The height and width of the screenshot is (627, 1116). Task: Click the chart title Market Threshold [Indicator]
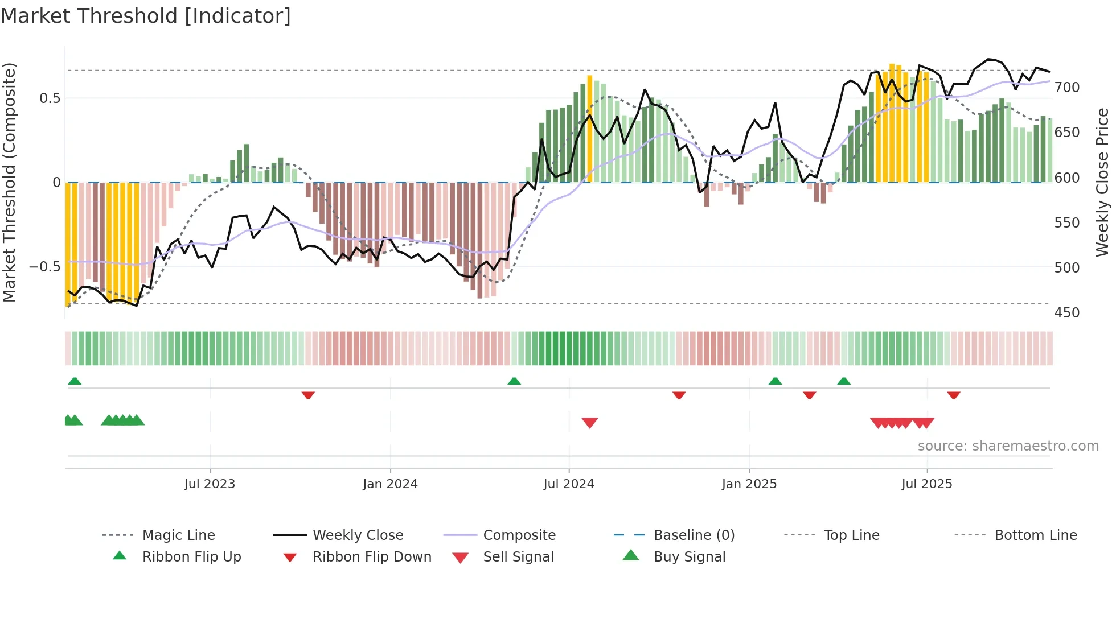click(146, 16)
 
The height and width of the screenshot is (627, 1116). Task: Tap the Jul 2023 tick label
click(210, 484)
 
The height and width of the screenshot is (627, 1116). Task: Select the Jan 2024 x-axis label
click(390, 484)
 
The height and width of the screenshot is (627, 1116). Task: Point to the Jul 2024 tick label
click(568, 484)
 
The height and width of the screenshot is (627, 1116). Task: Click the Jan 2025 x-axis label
click(749, 484)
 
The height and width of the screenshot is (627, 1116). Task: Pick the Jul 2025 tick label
click(926, 484)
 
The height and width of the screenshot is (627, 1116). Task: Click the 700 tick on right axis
click(1066, 88)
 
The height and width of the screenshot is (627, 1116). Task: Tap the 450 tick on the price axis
click(1066, 312)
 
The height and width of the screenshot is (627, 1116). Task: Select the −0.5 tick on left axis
click(44, 267)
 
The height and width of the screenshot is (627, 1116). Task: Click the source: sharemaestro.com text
click(1008, 445)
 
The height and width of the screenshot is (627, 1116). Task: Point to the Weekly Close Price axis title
click(1102, 182)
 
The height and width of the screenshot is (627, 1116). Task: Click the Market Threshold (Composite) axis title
click(9, 182)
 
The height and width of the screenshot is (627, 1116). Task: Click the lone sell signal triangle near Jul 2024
click(589, 422)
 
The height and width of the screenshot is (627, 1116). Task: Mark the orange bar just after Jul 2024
click(589, 129)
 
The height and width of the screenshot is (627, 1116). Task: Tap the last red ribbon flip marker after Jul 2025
click(954, 395)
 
